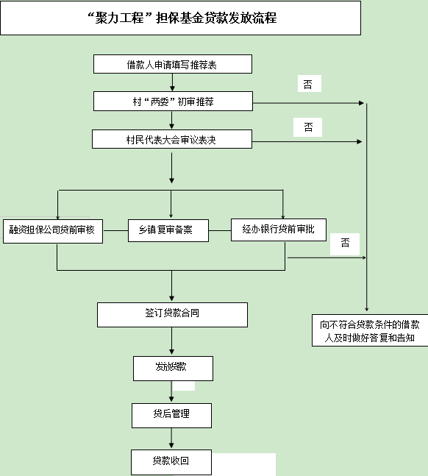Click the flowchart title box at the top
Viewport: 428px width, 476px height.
click(180, 18)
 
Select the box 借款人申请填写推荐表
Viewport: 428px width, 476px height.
click(173, 64)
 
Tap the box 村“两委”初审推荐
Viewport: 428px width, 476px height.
click(173, 101)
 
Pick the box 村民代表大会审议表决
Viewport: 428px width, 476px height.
click(172, 139)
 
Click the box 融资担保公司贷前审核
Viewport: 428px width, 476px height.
click(53, 231)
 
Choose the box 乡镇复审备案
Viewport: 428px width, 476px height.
click(168, 230)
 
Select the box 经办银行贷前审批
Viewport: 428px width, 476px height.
click(279, 230)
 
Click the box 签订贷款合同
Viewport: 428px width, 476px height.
click(172, 314)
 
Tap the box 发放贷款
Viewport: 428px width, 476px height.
click(173, 369)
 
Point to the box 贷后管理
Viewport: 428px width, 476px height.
click(171, 416)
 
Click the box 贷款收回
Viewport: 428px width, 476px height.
click(171, 462)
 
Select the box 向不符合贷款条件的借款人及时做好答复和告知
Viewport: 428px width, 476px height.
click(370, 330)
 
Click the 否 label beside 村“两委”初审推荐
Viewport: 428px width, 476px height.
click(310, 83)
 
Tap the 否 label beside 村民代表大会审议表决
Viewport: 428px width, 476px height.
click(308, 127)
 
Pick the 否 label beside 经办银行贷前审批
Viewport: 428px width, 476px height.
click(345, 244)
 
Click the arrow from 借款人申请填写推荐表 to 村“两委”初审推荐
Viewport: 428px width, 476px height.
click(172, 82)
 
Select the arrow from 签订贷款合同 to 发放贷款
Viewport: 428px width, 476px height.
click(172, 341)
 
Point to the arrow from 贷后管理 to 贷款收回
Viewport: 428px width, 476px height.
click(171, 438)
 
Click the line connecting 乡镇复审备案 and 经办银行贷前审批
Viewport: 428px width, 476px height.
click(220, 231)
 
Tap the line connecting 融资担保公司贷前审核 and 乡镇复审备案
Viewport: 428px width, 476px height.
click(115, 231)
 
